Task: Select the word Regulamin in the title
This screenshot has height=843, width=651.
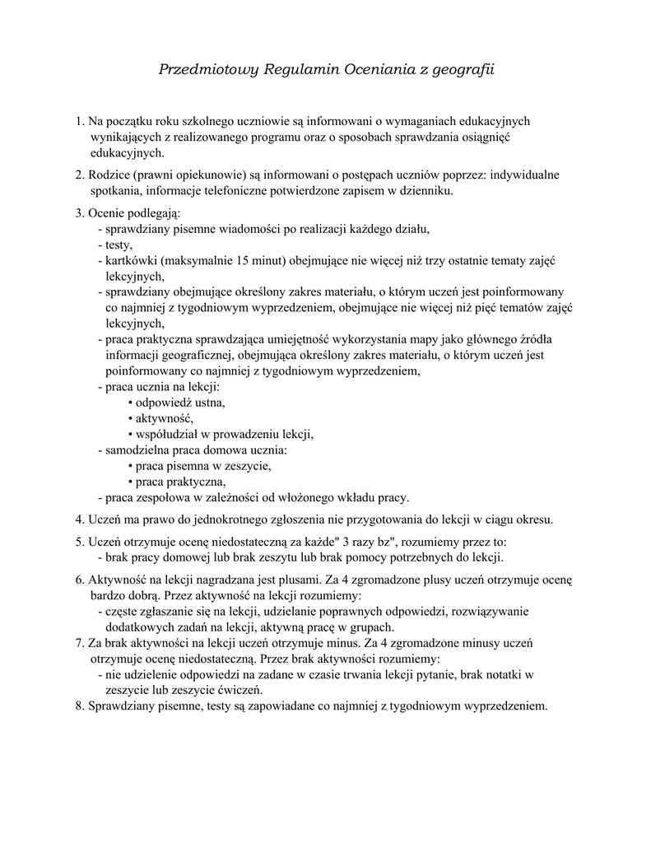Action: tap(296, 72)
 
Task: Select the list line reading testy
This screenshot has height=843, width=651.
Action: tap(115, 245)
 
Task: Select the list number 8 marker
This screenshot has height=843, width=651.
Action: tap(79, 706)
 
